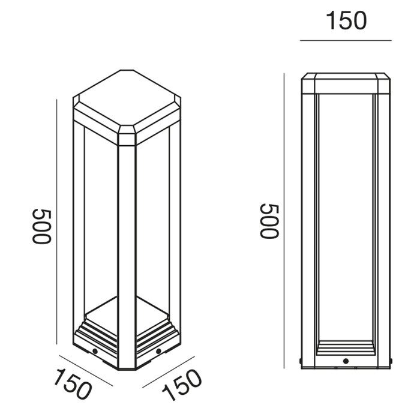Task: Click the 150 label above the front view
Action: pyautogui.click(x=346, y=20)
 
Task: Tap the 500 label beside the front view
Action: pyautogui.click(x=269, y=221)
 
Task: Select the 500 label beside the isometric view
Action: pyautogui.click(x=41, y=227)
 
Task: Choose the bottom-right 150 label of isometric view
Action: pyautogui.click(x=182, y=385)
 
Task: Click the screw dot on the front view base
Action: pyautogui.click(x=346, y=361)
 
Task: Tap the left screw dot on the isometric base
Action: pyautogui.click(x=95, y=351)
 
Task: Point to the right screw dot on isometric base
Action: pyautogui.click(x=158, y=351)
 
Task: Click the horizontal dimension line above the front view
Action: pyautogui.click(x=346, y=40)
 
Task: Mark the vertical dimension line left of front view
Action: pyautogui.click(x=284, y=221)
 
